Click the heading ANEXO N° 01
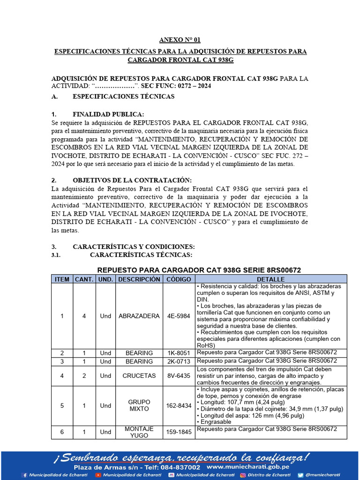point(180,40)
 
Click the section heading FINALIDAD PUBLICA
point(108,114)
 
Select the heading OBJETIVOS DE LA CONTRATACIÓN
point(132,180)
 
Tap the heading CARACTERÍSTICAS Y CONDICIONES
point(134,247)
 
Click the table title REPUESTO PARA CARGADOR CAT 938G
point(198,270)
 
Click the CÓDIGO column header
point(179,279)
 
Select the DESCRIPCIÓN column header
point(139,279)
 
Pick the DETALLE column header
point(270,279)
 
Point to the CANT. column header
point(84,279)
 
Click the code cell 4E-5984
point(179,316)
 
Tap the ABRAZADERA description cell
point(139,316)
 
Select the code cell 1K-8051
point(179,352)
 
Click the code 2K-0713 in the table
point(179,361)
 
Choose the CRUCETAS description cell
point(139,375)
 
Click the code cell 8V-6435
point(179,375)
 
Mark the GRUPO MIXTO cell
point(139,405)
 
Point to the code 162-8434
point(179,405)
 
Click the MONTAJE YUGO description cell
point(139,432)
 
